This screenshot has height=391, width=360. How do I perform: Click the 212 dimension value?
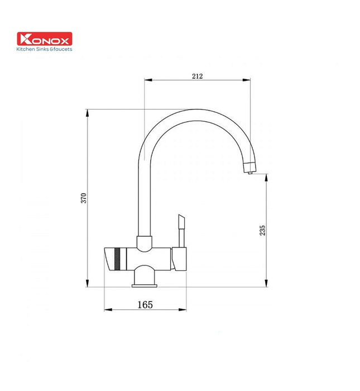(x=196, y=75)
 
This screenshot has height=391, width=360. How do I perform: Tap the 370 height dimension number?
(x=84, y=198)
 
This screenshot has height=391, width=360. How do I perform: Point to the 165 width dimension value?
(x=145, y=304)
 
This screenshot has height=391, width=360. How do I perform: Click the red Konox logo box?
(x=45, y=39)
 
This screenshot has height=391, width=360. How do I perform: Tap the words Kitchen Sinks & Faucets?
(x=45, y=49)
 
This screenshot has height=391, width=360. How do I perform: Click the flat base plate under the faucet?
(x=145, y=287)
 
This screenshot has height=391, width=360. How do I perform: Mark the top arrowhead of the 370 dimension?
(x=89, y=112)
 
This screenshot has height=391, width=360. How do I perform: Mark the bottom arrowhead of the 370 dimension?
(x=89, y=284)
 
